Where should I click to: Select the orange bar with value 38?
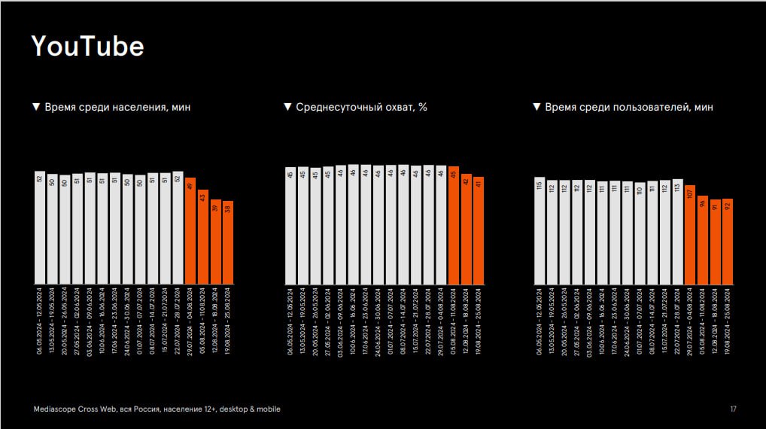[x=228, y=242]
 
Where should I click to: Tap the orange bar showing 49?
[x=190, y=231]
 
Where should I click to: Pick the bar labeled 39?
[x=215, y=242]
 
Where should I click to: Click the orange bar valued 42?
[x=466, y=230]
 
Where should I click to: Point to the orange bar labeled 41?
[x=479, y=231]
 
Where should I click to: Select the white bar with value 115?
[x=539, y=231]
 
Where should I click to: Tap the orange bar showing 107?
[x=690, y=235]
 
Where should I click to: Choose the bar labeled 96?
[x=702, y=240]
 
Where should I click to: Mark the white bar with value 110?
[x=640, y=233]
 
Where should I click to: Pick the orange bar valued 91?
[x=715, y=242]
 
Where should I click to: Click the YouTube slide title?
[x=87, y=47]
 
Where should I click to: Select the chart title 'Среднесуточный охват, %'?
[x=361, y=107]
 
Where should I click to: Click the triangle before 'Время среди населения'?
[x=35, y=107]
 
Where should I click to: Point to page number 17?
[x=733, y=409]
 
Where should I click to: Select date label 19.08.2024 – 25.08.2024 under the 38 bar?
[x=228, y=321]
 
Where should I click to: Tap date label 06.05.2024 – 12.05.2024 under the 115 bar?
[x=539, y=321]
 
